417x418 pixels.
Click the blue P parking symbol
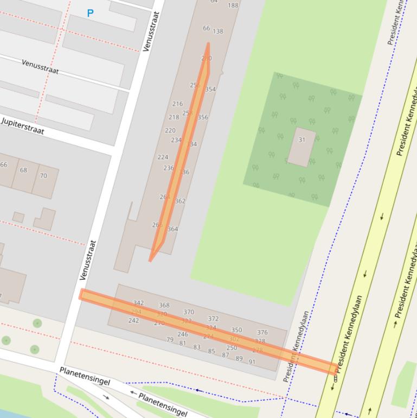(90, 13)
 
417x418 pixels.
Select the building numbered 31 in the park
(301, 146)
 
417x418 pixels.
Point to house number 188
(233, 5)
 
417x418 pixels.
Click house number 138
(217, 31)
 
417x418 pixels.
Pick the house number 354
(210, 90)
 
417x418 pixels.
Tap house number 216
(177, 104)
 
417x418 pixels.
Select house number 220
(170, 130)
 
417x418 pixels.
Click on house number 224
(163, 157)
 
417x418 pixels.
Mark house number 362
(180, 201)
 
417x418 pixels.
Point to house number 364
(172, 229)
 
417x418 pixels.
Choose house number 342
(138, 303)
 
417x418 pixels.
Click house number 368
(164, 306)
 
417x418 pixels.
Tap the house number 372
(213, 319)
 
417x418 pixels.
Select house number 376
(262, 332)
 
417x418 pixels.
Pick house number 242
(133, 320)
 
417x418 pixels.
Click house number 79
(170, 339)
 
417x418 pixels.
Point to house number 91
(252, 362)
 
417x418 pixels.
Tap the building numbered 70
(43, 176)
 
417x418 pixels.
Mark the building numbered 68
(23, 170)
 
